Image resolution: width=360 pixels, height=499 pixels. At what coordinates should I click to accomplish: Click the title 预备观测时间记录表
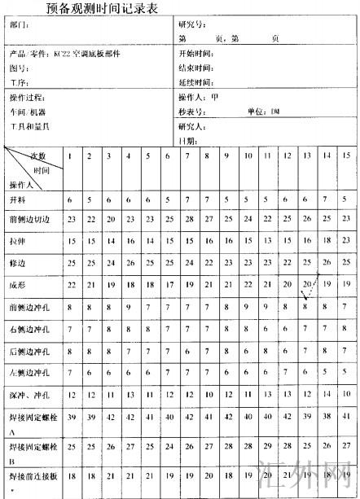pyautogui.click(x=99, y=8)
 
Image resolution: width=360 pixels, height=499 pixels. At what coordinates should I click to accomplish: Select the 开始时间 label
pyautogui.click(x=195, y=54)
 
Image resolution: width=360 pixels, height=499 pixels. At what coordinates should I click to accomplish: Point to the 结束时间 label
pyautogui.click(x=195, y=68)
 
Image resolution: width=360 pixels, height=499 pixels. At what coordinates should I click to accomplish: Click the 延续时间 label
pyautogui.click(x=195, y=83)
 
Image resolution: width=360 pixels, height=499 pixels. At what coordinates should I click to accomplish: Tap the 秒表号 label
pyautogui.click(x=190, y=112)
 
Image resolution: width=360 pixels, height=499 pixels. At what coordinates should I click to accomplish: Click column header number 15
pyautogui.click(x=345, y=155)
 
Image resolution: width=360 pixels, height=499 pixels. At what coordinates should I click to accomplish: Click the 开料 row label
pyautogui.click(x=17, y=199)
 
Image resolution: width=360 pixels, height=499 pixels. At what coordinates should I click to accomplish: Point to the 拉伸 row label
pyautogui.click(x=17, y=242)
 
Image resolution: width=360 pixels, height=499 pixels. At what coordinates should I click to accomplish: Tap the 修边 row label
pyautogui.click(x=17, y=264)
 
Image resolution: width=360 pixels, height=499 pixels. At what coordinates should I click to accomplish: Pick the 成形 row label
pyautogui.click(x=17, y=285)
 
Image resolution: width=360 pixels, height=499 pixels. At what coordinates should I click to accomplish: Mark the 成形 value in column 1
pyautogui.click(x=72, y=285)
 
